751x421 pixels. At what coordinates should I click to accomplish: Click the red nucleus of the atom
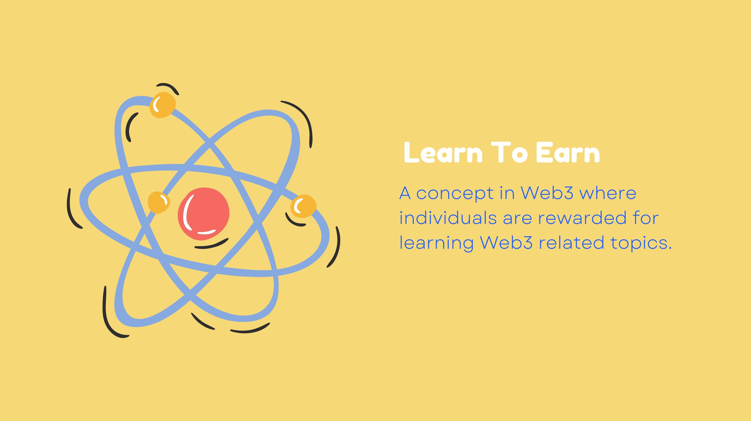tap(203, 214)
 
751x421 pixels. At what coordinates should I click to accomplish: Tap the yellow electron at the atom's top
tap(163, 105)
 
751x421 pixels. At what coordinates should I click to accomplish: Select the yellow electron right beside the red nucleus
tap(159, 202)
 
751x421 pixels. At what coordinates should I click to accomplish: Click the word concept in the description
tap(455, 194)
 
